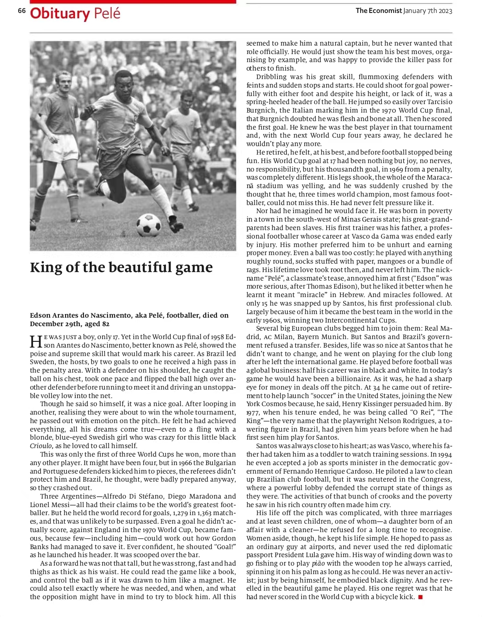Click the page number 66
tap(21, 11)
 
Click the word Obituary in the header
tap(60, 13)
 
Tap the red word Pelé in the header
tap(107, 13)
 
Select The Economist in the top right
tap(378, 11)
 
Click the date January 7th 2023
tap(428, 11)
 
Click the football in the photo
tap(149, 224)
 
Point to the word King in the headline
tap(45, 267)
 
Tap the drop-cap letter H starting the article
tap(35, 341)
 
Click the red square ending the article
tap(420, 597)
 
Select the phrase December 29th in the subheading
tap(51, 324)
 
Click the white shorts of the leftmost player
tap(60, 147)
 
